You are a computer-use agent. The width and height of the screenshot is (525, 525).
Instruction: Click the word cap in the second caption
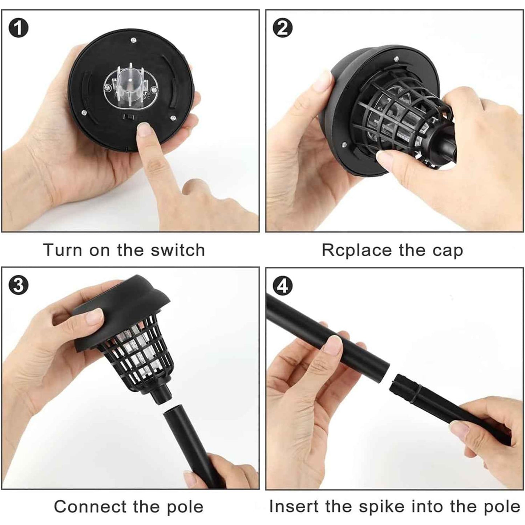pyautogui.click(x=448, y=251)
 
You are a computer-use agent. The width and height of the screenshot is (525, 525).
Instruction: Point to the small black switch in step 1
pyautogui.click(x=128, y=116)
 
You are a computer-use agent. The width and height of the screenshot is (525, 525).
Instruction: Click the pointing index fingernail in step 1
pyautogui.click(x=144, y=129)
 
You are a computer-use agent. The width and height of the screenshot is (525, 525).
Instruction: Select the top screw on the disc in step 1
pyautogui.click(x=134, y=39)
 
